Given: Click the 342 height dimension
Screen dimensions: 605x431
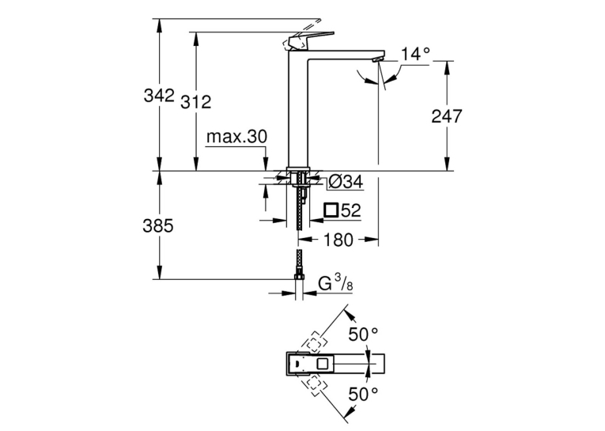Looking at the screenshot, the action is point(159,96).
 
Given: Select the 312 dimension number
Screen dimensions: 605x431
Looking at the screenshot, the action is point(196,102).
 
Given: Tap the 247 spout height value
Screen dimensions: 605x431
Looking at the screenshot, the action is point(446,116).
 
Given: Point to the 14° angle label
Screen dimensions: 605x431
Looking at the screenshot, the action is point(415,54).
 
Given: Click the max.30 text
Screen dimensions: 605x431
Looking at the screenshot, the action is point(236,137).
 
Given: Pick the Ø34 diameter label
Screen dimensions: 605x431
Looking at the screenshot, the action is point(347,182).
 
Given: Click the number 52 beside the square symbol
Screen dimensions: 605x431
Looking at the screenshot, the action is point(350,210).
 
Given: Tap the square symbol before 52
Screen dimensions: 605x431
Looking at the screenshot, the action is point(331,210).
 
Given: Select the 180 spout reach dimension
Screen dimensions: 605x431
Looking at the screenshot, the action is point(338,240).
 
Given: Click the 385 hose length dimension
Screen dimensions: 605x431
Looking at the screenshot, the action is point(158,225).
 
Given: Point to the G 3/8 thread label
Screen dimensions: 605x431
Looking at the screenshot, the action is point(335,284).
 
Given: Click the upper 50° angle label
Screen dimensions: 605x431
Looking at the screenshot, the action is point(364,335).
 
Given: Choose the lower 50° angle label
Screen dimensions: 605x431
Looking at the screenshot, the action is point(364,395).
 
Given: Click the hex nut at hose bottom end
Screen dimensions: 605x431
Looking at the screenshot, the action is point(299,277).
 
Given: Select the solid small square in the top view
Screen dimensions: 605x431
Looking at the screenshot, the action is point(322,364).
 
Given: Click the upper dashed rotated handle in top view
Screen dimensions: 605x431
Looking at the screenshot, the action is point(315,341).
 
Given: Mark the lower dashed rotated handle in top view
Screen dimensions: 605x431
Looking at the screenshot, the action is point(315,386).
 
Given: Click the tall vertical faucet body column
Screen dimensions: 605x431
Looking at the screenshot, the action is point(297,109).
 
